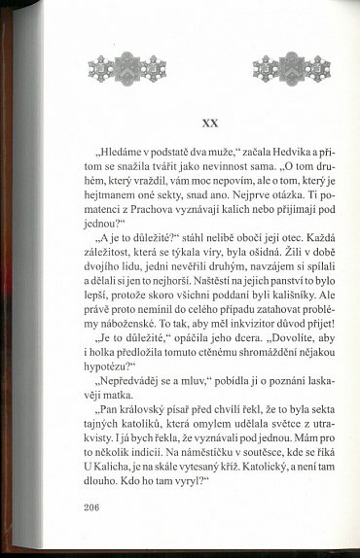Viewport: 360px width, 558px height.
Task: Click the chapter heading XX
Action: coord(208,122)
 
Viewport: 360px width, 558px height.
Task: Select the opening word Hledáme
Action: coord(124,153)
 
